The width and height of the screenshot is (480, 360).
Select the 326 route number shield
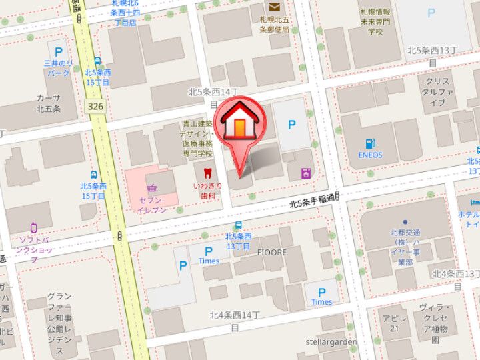pos(95,107)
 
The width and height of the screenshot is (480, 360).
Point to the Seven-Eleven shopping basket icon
pos(153,188)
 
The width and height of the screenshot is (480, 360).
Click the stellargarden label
pos(331,342)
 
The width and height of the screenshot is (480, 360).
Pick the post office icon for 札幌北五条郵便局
pos(274,7)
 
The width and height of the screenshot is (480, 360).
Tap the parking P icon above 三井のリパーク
pos(59,51)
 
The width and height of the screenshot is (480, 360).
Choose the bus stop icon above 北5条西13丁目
pos(238,225)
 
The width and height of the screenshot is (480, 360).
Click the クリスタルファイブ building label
pos(437,92)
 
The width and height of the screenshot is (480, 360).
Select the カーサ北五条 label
pos(48,103)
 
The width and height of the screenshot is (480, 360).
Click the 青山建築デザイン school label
pos(198,139)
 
